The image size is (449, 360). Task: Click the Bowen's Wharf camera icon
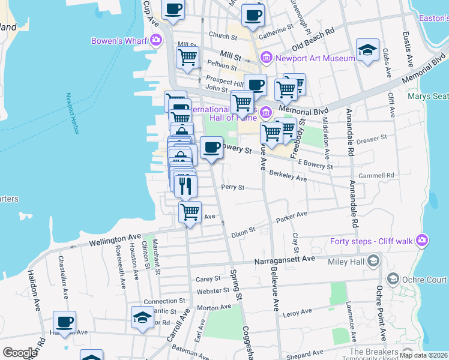pyautogui.click(x=156, y=40)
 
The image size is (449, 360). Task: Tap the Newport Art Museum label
pyautogui.click(x=315, y=58)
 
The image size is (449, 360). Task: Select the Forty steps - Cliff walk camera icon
pyautogui.click(x=422, y=241)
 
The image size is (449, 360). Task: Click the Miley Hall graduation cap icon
pyautogui.click(x=373, y=261)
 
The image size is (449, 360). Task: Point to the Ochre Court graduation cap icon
pyautogui.click(x=393, y=279)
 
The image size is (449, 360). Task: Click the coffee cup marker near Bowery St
pyautogui.click(x=211, y=148)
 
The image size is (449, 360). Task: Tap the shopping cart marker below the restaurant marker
pyautogui.click(x=190, y=211)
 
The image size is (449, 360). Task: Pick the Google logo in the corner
pyautogui.click(x=20, y=353)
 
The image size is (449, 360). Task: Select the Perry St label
pyautogui.click(x=232, y=187)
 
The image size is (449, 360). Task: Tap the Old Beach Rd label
pyautogui.click(x=313, y=38)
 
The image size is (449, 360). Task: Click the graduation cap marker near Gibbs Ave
pyautogui.click(x=367, y=50)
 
